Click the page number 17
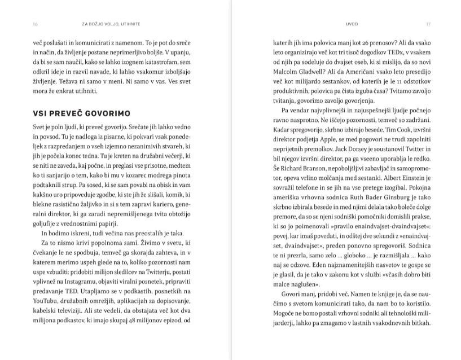pyautogui.click(x=428, y=24)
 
